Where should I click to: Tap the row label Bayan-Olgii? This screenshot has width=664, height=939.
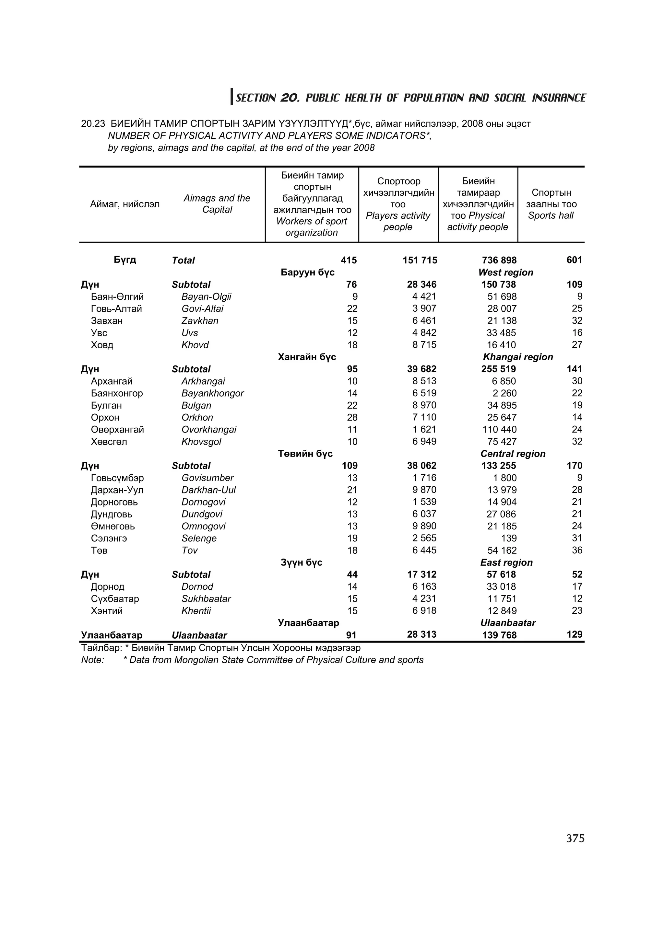coord(206,296)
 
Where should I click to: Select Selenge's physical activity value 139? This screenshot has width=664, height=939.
coord(508,538)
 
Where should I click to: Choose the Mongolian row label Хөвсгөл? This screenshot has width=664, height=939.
coord(109,442)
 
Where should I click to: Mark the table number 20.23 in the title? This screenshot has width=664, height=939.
coord(93,123)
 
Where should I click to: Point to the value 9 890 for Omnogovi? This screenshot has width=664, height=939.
coord(424,526)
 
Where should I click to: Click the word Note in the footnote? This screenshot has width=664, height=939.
coord(92,660)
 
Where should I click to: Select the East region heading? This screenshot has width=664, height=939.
coord(506,562)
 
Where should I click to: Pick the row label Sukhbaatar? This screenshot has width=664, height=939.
coord(206,599)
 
